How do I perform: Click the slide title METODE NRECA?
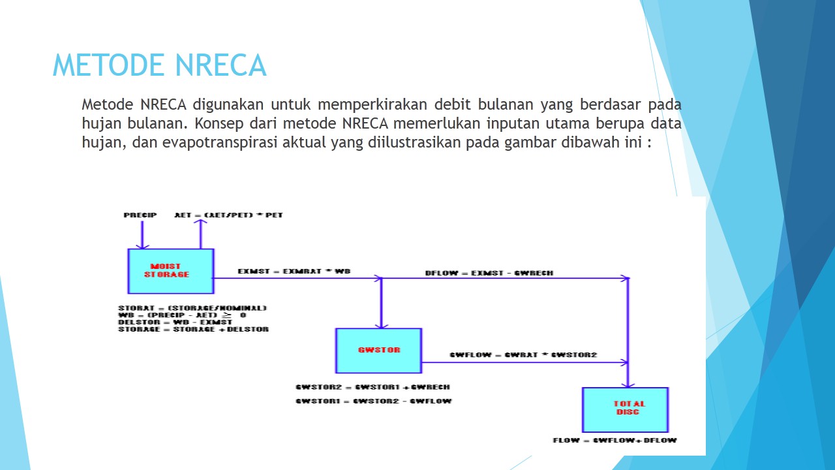(x=159, y=65)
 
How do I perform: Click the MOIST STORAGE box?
(x=171, y=271)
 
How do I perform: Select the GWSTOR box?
(x=378, y=351)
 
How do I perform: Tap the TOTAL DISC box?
(x=626, y=409)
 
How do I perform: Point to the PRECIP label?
(x=140, y=215)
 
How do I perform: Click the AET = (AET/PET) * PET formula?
(x=228, y=215)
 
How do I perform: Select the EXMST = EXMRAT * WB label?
(x=294, y=271)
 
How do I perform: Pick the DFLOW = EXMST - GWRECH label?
(x=489, y=273)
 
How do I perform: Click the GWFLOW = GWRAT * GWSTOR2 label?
(x=523, y=355)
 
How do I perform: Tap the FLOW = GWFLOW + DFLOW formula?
(x=615, y=441)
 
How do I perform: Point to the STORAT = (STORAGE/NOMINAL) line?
(x=192, y=307)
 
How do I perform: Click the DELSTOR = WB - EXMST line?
(x=175, y=322)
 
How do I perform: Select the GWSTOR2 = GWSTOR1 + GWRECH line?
(x=372, y=387)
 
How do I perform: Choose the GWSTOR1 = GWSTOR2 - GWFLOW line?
(x=373, y=401)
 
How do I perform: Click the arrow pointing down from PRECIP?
(x=138, y=235)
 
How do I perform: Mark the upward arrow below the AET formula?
(x=202, y=234)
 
